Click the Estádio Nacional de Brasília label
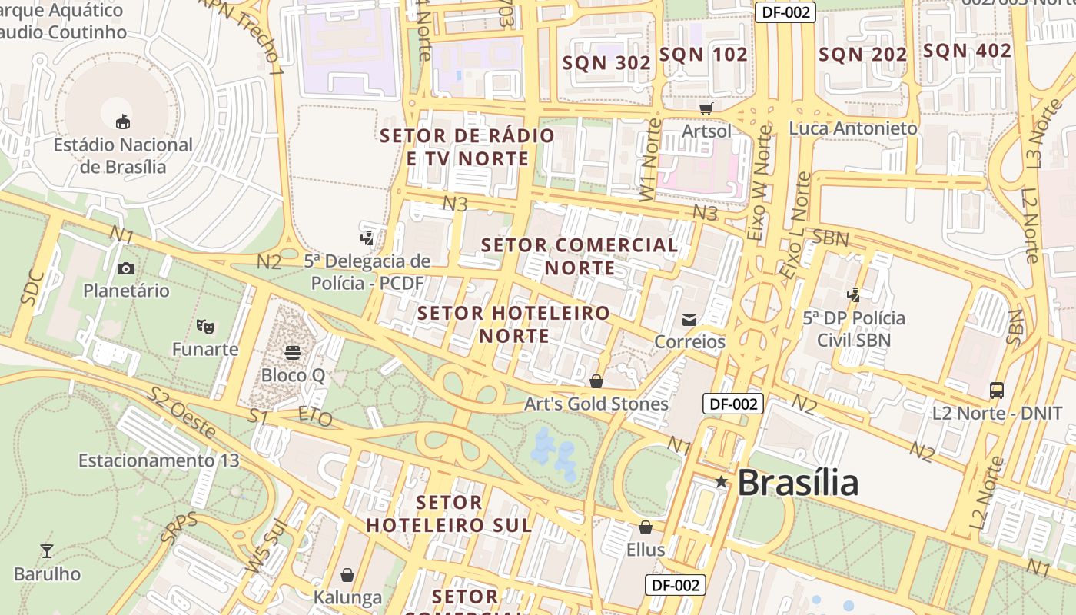(x=123, y=155)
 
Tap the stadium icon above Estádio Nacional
(x=123, y=121)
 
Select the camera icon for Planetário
(x=126, y=268)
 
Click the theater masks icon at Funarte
(x=204, y=327)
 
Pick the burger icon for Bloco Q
(x=293, y=352)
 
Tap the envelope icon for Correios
(x=689, y=319)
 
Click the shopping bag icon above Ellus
(x=646, y=527)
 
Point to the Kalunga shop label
(x=347, y=597)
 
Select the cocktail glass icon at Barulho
(x=47, y=551)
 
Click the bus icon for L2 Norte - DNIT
(x=997, y=391)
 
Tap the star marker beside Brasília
(x=721, y=482)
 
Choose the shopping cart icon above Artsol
(x=706, y=109)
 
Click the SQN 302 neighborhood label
(x=607, y=63)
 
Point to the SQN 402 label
(x=967, y=51)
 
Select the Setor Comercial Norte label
(x=580, y=256)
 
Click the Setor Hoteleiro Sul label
(x=449, y=514)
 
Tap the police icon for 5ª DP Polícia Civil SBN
(x=853, y=294)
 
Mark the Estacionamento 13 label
(x=159, y=460)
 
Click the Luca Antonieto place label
(x=853, y=128)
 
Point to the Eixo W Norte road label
(x=761, y=184)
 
